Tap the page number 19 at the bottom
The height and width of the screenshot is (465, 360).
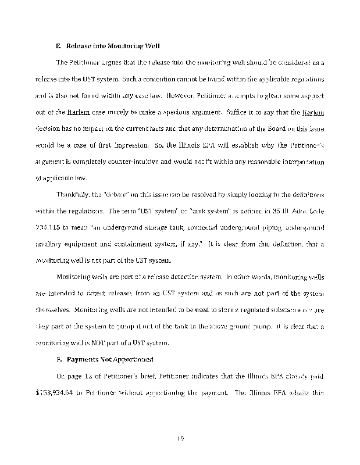point(180,430)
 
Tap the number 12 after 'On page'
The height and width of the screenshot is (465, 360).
point(83,375)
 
